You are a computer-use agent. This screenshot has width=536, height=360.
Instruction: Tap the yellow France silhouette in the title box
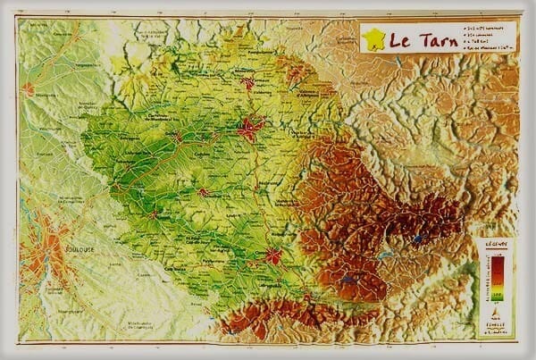tap(373, 38)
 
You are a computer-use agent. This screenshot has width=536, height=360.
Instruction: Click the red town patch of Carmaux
tap(247, 84)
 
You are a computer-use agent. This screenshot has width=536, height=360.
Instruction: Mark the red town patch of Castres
tap(272, 256)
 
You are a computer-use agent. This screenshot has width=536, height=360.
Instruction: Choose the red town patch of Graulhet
tap(204, 192)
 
